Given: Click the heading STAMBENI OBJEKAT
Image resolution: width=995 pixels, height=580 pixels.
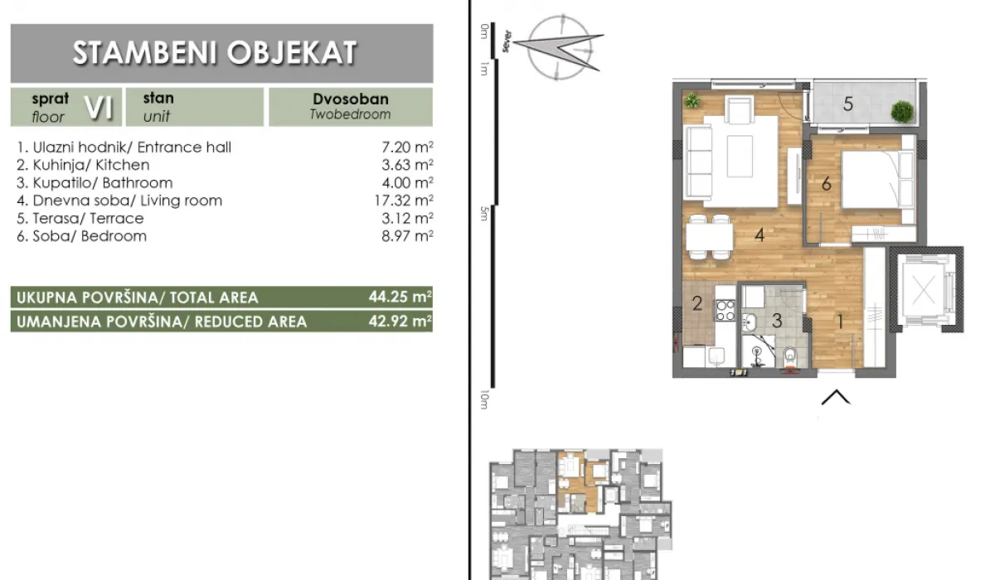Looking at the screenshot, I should coord(215,53).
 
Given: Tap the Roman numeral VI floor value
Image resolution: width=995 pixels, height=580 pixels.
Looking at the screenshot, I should coord(103,106).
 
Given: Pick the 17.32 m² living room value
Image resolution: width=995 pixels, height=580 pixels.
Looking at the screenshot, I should coord(400,201).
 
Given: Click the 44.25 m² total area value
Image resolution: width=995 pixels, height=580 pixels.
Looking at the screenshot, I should coord(400,297).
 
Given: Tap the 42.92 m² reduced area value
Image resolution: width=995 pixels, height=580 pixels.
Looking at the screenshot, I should coord(400,321).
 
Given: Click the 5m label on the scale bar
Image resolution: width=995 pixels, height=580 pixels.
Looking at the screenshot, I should coord(484,213).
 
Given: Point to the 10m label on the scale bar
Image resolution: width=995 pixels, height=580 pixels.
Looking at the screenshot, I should coord(484,401).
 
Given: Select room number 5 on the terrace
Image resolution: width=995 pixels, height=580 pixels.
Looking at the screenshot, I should coord(847,104).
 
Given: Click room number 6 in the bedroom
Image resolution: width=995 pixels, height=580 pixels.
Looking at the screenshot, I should coord(826,184).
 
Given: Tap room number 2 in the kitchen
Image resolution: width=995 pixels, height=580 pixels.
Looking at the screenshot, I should coord(697,304).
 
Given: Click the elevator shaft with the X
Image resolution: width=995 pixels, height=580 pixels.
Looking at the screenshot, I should coord(925,291).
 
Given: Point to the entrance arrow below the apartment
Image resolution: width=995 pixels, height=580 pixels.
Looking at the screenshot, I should coord(836,398).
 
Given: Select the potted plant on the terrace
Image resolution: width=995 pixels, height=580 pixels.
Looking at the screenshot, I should coord(901,110).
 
